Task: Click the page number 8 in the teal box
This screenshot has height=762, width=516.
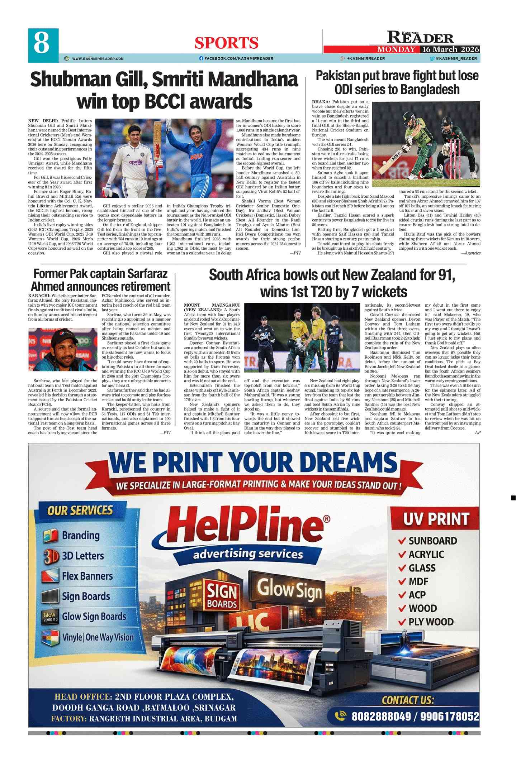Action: (x=42, y=44)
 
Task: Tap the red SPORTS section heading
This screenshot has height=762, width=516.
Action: (x=226, y=43)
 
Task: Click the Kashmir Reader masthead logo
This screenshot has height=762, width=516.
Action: (x=420, y=37)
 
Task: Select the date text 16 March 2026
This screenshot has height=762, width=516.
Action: (x=450, y=49)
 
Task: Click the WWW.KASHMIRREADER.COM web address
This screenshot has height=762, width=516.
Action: (x=98, y=58)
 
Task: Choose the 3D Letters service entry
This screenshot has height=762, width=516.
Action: (x=82, y=556)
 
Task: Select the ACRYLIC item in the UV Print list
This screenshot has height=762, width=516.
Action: (x=426, y=554)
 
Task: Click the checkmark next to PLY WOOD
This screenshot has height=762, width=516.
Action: (x=402, y=622)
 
